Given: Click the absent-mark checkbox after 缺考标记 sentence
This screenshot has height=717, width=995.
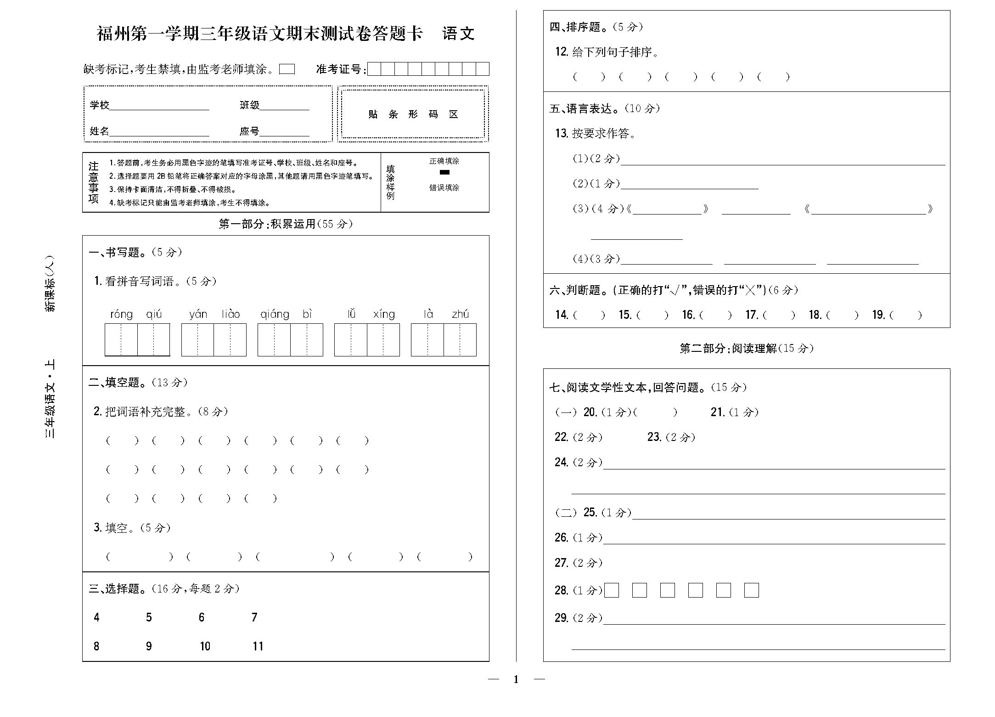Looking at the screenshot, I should [287, 69].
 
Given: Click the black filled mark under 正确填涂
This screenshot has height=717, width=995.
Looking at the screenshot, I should [444, 172].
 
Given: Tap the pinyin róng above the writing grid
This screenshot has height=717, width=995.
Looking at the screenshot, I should [121, 314].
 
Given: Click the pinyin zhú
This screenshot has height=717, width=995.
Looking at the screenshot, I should [460, 314].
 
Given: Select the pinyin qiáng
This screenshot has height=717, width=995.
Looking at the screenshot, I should [275, 314].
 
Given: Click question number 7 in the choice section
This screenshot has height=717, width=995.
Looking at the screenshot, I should [254, 617].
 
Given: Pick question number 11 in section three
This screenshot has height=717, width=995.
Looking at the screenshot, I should [258, 646].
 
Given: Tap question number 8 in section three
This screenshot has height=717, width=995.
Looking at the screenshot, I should [96, 646].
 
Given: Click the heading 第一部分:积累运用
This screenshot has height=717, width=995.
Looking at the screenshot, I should [286, 224].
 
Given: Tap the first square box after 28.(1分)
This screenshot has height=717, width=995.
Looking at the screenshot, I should [612, 590].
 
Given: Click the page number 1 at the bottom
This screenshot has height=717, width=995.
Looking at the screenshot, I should [516, 679].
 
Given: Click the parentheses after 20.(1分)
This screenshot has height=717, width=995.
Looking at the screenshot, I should [655, 412].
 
